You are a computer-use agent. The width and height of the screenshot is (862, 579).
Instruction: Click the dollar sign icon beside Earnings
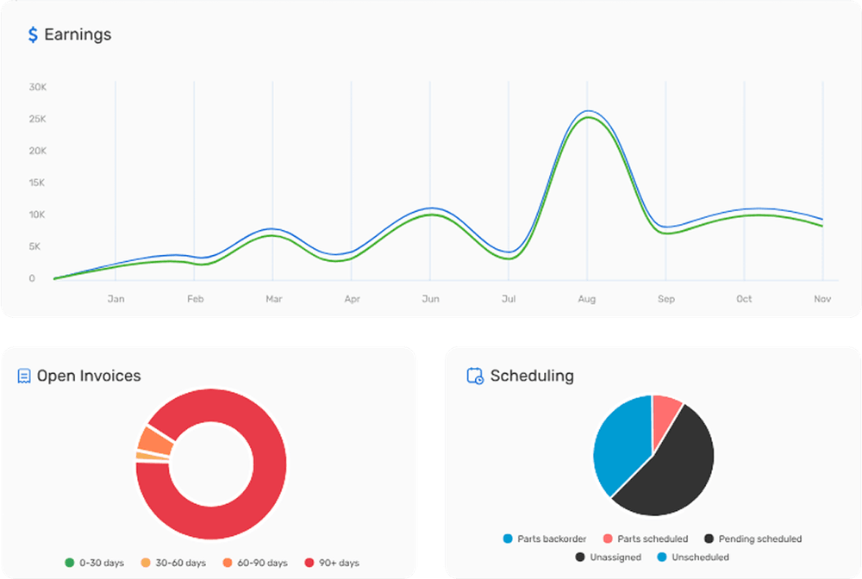pos(33,35)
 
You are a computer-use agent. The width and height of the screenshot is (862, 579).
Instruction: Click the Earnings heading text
pos(78,35)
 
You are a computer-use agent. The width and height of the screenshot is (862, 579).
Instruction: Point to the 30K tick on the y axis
pos(37,87)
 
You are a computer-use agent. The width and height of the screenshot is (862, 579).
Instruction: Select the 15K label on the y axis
pos(37,183)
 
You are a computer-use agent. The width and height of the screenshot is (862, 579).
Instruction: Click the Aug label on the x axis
pos(587,299)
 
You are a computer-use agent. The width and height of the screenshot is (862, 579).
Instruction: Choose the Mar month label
pos(273,299)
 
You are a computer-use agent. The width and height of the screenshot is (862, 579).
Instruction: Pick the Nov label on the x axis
pos(822,299)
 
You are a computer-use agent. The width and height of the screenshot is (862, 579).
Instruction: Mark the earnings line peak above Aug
pos(588,112)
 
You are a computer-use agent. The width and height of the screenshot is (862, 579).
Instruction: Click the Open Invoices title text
pos(89,376)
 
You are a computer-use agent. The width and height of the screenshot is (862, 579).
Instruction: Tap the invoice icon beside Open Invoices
pos(24,377)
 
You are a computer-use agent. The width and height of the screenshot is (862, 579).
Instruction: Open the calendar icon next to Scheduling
pos(474,376)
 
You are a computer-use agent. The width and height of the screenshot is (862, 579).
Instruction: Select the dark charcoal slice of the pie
pos(672,470)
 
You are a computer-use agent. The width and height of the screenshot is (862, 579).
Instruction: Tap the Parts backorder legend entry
pos(544,539)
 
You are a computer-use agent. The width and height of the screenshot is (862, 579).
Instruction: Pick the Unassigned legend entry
pos(608,557)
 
